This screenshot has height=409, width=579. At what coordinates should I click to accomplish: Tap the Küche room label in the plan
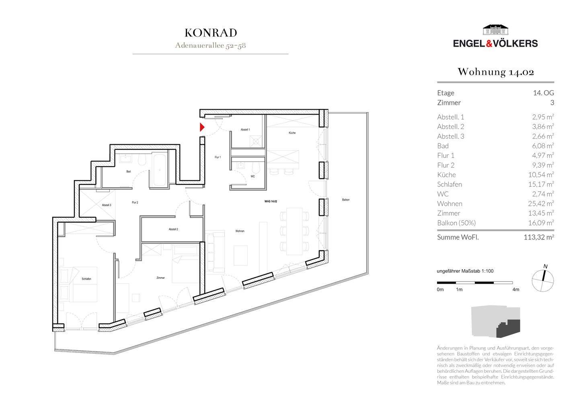[x=292, y=133]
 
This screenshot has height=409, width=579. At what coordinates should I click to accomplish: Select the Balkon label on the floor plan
[x=345, y=200]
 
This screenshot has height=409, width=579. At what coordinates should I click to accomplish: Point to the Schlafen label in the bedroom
[x=86, y=279]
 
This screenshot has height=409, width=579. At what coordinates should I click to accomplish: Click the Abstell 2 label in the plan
[x=173, y=229]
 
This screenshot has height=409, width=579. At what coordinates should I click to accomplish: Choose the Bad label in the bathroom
[x=128, y=172]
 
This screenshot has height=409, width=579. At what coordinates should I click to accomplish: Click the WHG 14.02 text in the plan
[x=271, y=201]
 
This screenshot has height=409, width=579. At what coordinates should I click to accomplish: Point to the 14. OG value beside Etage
[x=543, y=93]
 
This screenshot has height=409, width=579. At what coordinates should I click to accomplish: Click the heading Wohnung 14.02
[x=495, y=72]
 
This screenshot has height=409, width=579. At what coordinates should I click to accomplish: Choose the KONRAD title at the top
[x=211, y=33]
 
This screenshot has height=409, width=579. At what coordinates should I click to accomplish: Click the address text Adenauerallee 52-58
[x=211, y=45]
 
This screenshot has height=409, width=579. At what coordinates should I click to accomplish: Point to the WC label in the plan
[x=253, y=176]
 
